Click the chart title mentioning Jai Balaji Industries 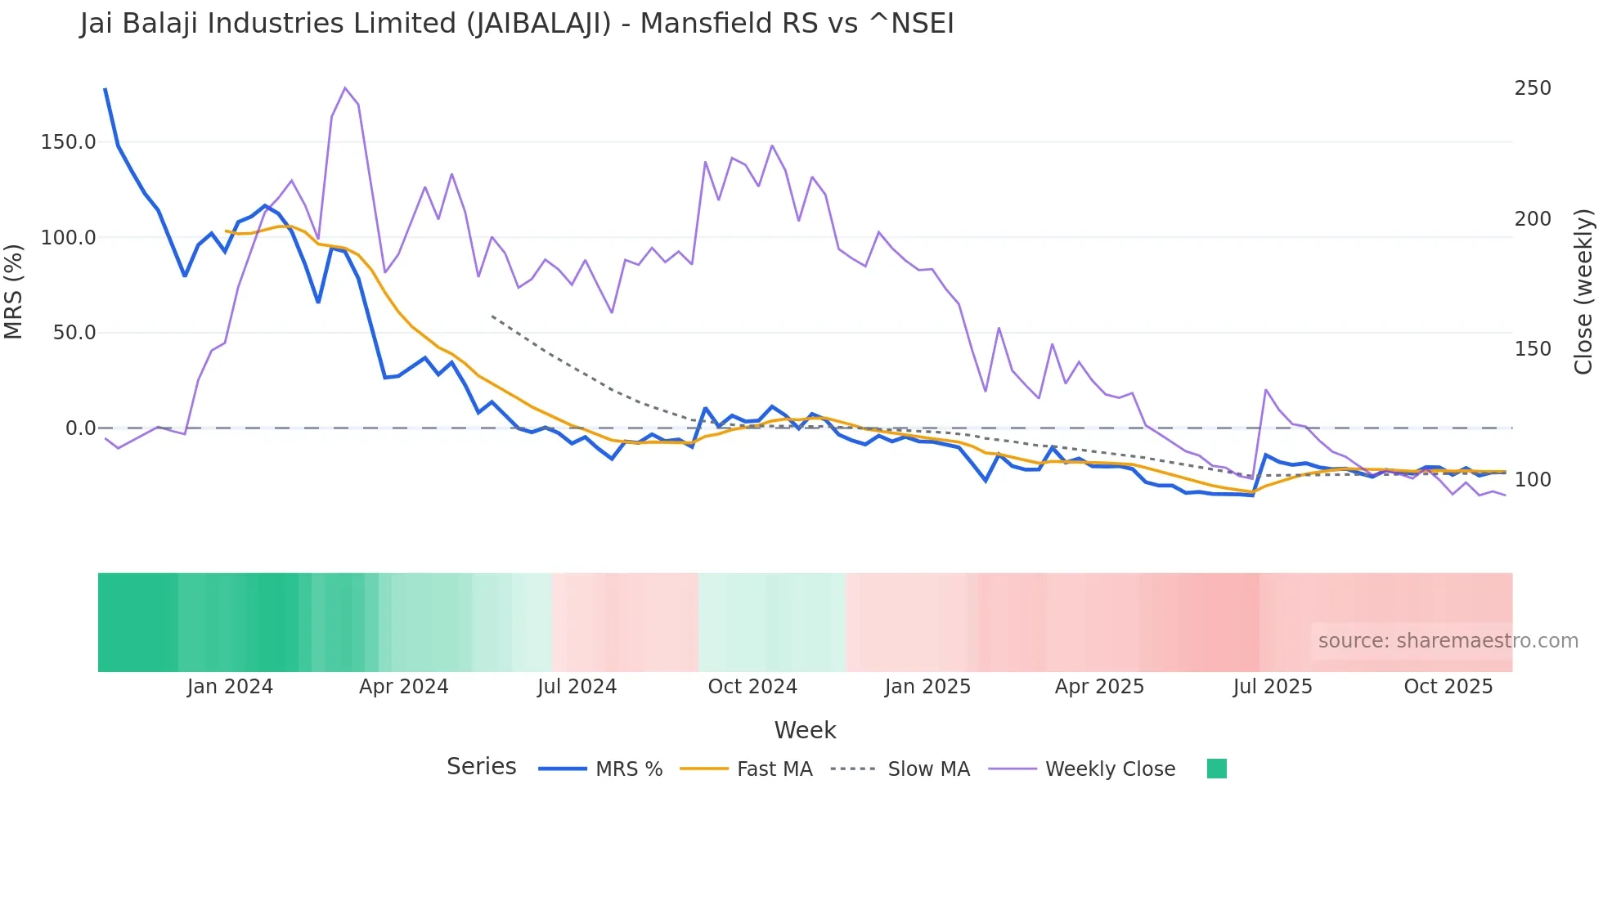517,24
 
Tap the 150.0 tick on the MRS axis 69,142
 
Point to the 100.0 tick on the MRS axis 69,238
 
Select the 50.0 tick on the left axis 74,333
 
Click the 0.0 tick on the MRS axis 80,428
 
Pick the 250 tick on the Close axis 1533,88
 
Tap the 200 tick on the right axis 1533,219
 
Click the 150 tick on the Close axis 1533,349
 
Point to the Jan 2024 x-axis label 230,687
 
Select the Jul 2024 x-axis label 577,687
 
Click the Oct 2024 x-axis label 752,687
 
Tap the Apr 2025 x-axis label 1099,687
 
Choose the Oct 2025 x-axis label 1448,687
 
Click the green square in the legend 1217,769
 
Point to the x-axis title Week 805,730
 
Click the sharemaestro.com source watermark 1448,641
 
